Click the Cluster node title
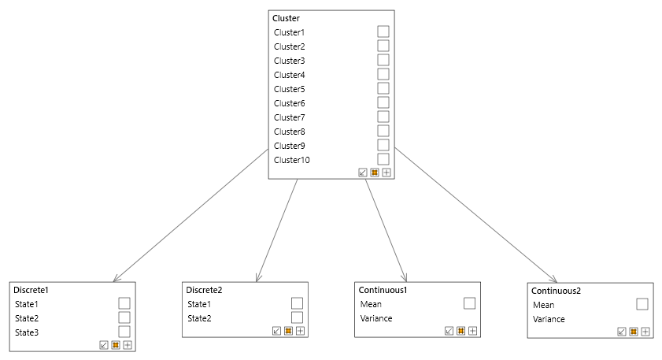coord(286,18)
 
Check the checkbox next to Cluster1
coord(383,32)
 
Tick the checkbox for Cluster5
coord(383,88)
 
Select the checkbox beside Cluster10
coord(383,159)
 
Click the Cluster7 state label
coord(289,117)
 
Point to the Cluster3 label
coord(289,61)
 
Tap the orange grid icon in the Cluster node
coord(375,173)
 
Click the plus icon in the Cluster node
coord(386,173)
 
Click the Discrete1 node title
coord(31,290)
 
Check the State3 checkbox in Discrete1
coord(124,332)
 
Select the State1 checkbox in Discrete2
coord(297,303)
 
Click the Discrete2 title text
coord(204,290)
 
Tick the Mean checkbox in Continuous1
coord(469,303)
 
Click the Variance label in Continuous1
coord(376,318)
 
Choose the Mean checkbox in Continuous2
coord(642,304)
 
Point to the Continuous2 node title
coord(557,291)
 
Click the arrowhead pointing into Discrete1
coord(116,279)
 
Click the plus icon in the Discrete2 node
coord(300,331)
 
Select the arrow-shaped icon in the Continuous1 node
coord(449,331)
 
